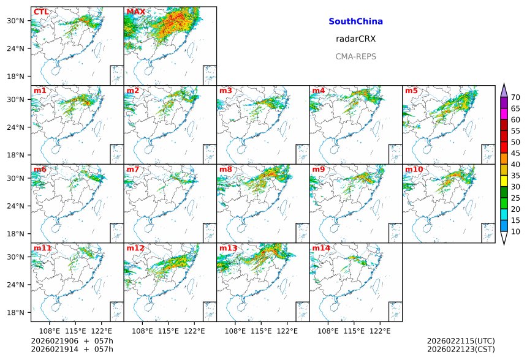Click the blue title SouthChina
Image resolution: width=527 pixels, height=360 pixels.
pos(355,21)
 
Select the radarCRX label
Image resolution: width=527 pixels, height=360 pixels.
pos(355,39)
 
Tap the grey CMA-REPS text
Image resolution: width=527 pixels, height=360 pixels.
pos(355,56)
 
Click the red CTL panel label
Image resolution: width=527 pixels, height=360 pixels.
pos(41,12)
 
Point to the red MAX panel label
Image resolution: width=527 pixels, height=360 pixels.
pos(135,12)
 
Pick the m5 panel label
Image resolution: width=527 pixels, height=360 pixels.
pos(411,91)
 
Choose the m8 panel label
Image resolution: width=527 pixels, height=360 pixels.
pos(226,169)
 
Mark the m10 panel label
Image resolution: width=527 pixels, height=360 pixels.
pos(413,169)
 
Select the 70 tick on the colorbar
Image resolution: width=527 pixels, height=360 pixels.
pos(515,97)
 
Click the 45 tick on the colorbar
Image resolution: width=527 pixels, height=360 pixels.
pos(515,153)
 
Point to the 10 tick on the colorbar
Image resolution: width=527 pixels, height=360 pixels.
pos(515,231)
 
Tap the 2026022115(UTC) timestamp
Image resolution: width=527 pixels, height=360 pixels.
pos(461,340)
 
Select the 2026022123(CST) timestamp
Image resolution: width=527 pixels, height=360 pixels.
pos(461,350)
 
